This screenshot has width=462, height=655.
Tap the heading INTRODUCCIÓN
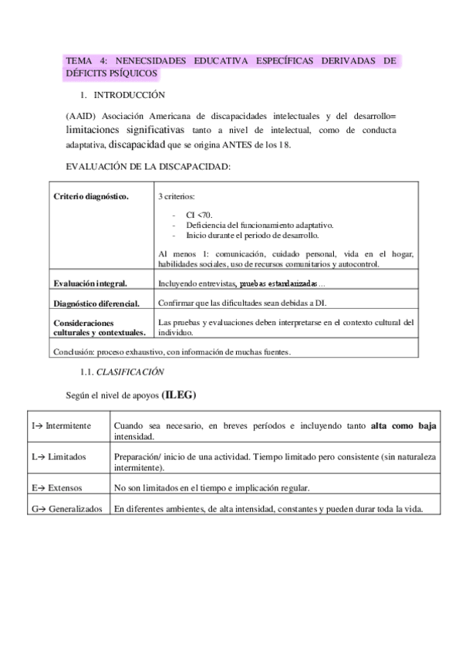tap(130, 95)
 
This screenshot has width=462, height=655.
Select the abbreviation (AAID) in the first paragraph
tap(82, 115)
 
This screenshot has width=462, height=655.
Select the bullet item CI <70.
tap(194, 214)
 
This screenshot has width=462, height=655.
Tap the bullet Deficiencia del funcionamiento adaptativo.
tap(254, 224)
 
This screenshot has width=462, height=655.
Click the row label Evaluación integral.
tap(90, 283)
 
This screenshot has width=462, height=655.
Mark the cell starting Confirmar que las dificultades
tap(249, 302)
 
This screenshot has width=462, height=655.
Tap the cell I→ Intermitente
tap(61, 426)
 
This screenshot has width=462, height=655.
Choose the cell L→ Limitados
tap(59, 456)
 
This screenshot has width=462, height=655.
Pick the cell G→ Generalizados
tap(66, 507)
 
